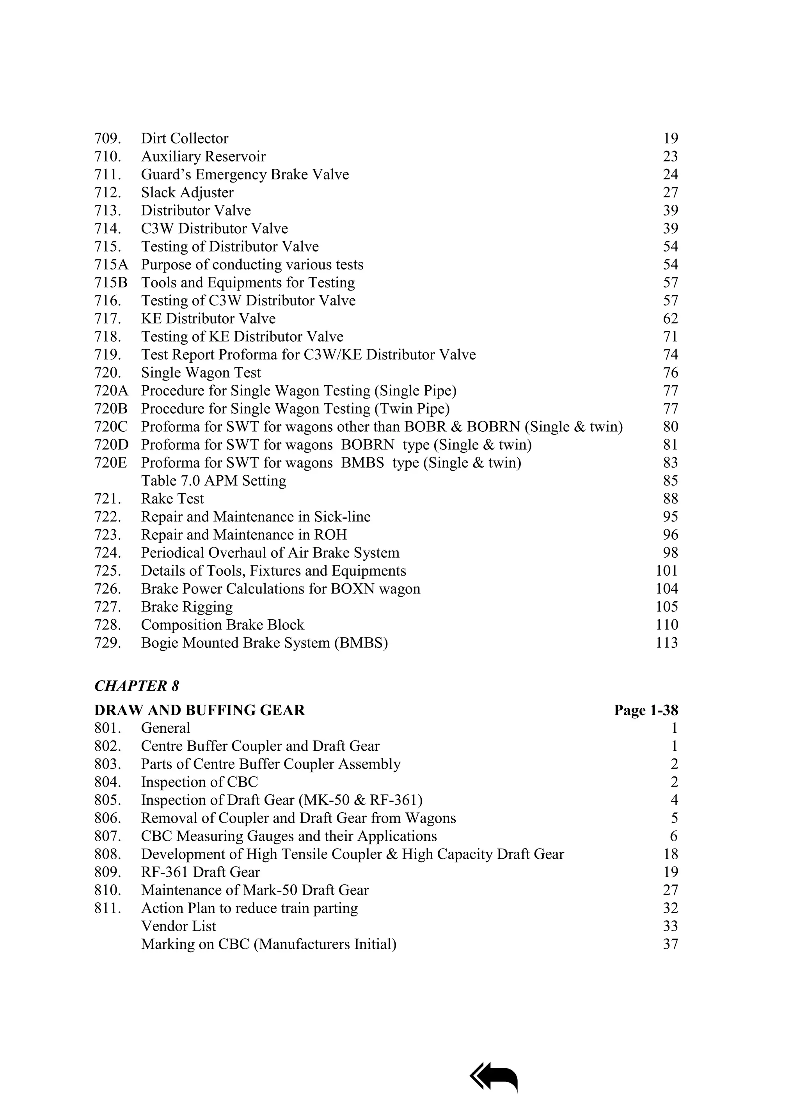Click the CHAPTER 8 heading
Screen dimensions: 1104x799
[x=136, y=686]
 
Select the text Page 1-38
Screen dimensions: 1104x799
[x=646, y=710]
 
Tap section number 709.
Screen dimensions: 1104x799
[x=107, y=139]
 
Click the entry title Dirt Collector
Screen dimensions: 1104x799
[x=185, y=139]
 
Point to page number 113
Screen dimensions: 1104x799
[x=667, y=643]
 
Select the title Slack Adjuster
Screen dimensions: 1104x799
[x=187, y=193]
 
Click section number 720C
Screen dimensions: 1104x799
[x=110, y=427]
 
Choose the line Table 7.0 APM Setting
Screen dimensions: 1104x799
[x=213, y=481]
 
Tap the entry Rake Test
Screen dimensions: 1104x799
[x=172, y=499]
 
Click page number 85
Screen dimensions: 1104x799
[x=671, y=481]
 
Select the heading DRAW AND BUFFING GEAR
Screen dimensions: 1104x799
[x=199, y=710]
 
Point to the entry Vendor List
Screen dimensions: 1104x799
[x=178, y=926]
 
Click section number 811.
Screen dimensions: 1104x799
[x=107, y=908]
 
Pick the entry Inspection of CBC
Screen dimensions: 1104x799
[x=199, y=782]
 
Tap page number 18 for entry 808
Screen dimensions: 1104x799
[x=671, y=854]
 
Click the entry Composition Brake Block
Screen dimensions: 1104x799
[x=222, y=625]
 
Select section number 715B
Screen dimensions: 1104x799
[x=110, y=283]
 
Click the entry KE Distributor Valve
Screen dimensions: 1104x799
[x=208, y=319]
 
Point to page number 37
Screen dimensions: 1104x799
[x=671, y=945]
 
